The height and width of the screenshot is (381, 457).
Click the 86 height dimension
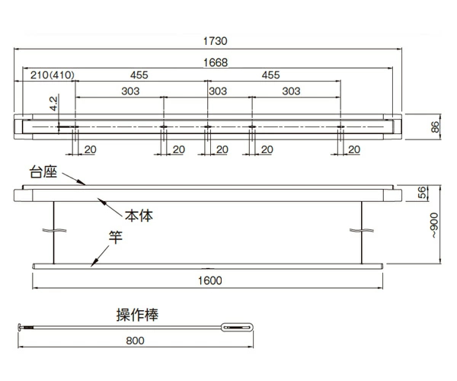click(435, 127)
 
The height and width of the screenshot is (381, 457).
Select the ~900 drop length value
click(434, 226)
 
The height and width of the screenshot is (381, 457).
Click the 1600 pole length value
click(208, 280)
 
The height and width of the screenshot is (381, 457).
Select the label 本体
click(139, 216)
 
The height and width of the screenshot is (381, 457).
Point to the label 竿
click(116, 238)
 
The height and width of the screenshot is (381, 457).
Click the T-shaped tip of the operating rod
click(22, 327)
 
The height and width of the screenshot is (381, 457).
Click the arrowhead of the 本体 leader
click(98, 200)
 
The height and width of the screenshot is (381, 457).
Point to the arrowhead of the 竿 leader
click(91, 264)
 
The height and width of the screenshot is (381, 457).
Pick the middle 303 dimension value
click(218, 91)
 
